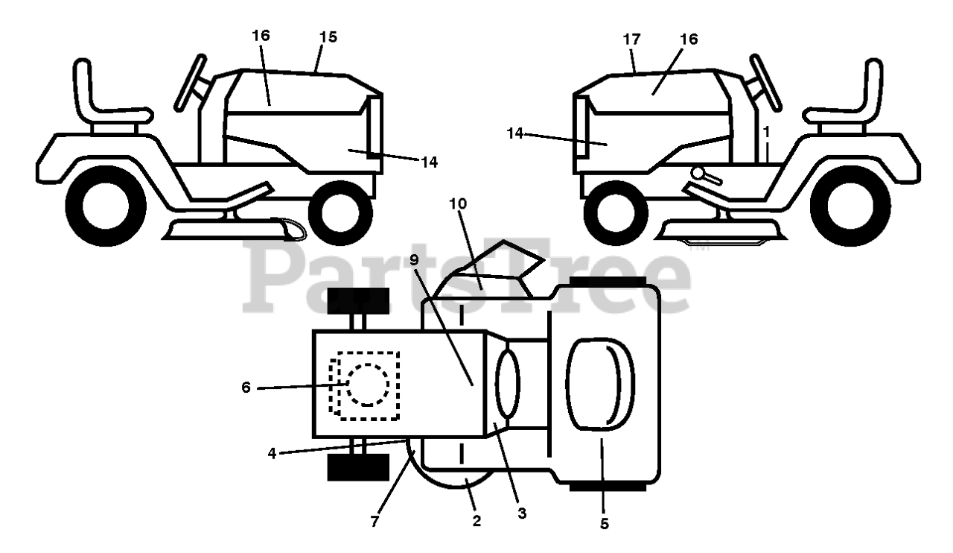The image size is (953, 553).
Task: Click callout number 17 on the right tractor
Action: (631, 39)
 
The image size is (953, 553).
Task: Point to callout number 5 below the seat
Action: (604, 525)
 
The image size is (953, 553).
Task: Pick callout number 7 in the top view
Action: (374, 522)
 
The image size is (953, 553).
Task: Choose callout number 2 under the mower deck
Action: (476, 522)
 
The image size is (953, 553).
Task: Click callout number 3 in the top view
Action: (522, 513)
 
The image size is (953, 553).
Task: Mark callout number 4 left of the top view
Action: (272, 452)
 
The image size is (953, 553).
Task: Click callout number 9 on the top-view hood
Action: (414, 261)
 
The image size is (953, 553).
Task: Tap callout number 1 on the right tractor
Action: (765, 130)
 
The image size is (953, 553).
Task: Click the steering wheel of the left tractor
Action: (189, 82)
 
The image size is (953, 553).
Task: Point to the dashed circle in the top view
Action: (366, 385)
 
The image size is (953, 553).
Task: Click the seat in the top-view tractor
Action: (602, 384)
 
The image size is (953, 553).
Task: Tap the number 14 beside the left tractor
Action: (428, 161)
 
